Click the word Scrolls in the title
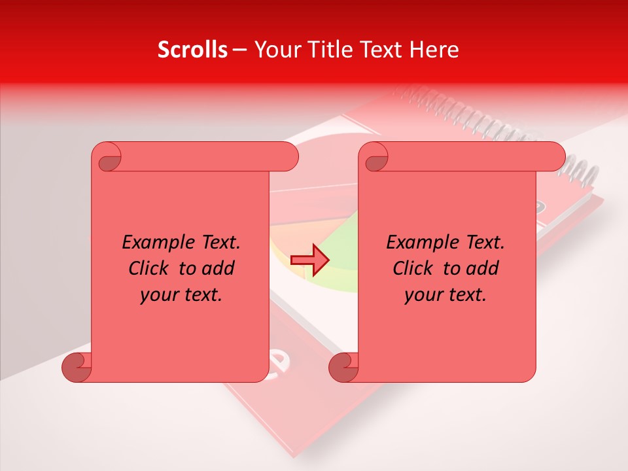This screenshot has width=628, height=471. [192, 50]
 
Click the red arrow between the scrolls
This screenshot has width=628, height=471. [310, 260]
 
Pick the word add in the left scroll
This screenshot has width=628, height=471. [219, 268]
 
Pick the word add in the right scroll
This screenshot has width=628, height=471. [483, 268]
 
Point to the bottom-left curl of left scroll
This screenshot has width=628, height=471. [76, 368]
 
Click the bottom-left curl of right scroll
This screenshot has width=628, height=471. [343, 368]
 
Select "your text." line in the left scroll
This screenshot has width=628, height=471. [181, 294]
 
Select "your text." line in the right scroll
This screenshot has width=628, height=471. [445, 294]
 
